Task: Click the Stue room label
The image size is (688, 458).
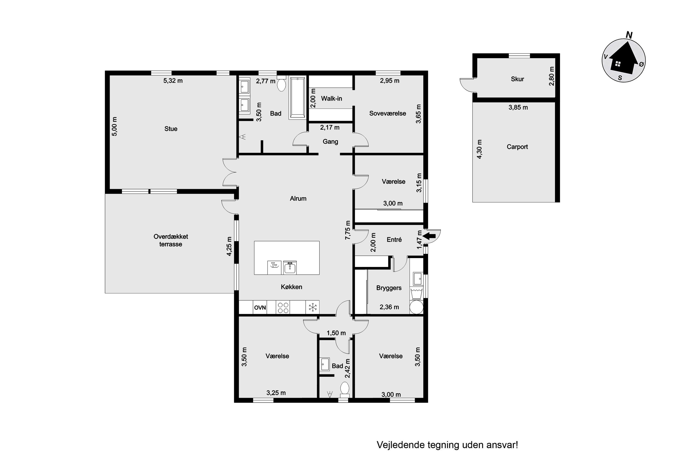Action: click(x=171, y=129)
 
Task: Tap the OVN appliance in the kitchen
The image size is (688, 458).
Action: click(x=260, y=307)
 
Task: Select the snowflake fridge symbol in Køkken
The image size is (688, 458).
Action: click(x=313, y=307)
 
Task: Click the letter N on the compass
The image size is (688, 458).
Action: click(x=629, y=35)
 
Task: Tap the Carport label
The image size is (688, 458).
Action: click(x=517, y=147)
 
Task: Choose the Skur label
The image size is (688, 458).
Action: click(x=517, y=79)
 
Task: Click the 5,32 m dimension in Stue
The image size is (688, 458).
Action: click(x=173, y=81)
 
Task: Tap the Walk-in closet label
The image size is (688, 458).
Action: click(x=331, y=98)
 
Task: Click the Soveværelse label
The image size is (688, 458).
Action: click(x=388, y=113)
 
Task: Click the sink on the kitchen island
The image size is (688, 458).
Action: click(x=290, y=267)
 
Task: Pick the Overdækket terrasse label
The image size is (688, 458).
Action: click(x=171, y=240)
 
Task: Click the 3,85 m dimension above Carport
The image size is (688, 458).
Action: click(x=518, y=107)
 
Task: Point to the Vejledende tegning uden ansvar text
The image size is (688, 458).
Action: click(x=447, y=445)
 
